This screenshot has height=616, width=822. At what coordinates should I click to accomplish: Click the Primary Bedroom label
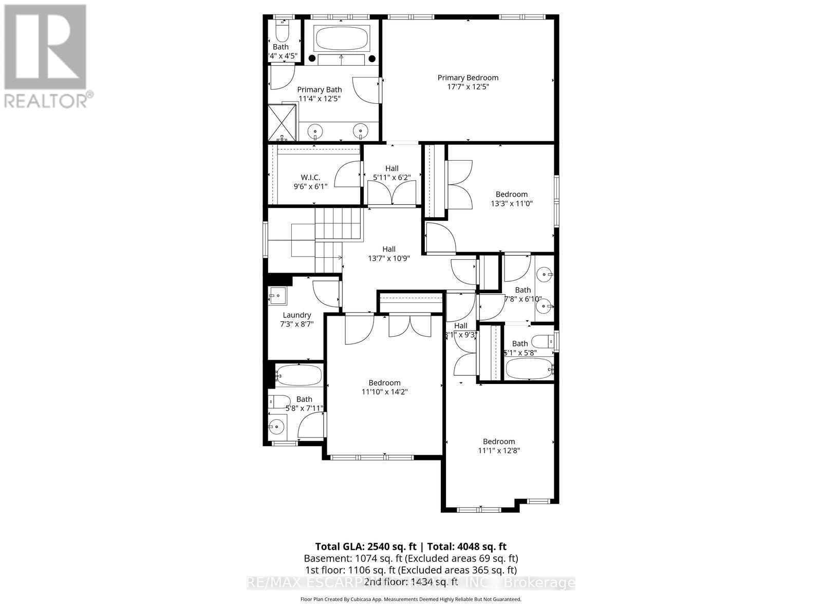pos(468,78)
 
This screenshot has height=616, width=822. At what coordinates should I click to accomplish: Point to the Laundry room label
pos(296,315)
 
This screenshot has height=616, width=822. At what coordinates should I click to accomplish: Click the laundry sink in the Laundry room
pos(277,295)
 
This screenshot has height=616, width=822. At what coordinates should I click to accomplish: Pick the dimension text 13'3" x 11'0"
pos(511,203)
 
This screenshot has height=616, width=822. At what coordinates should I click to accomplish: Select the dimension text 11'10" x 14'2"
pos(384,392)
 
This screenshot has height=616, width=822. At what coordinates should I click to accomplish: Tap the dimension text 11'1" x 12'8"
pos(498,451)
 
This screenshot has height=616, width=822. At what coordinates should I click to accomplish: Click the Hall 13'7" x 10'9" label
pos(388,249)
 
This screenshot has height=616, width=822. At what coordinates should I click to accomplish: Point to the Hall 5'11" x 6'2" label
pos(391,168)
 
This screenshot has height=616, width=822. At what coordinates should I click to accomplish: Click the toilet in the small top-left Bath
pos(282,32)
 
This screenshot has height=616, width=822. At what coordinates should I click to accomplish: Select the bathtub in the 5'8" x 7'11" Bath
pos(298,375)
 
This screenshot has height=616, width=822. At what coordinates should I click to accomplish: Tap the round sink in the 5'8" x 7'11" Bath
pos(277,426)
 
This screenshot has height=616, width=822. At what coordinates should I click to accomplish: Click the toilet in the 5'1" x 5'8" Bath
pos(542,341)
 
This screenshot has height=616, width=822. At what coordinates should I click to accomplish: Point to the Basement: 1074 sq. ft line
pos(411,559)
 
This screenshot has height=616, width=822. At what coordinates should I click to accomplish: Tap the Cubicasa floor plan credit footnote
pos(411,599)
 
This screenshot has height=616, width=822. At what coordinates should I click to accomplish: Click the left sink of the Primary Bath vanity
pos(315,131)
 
